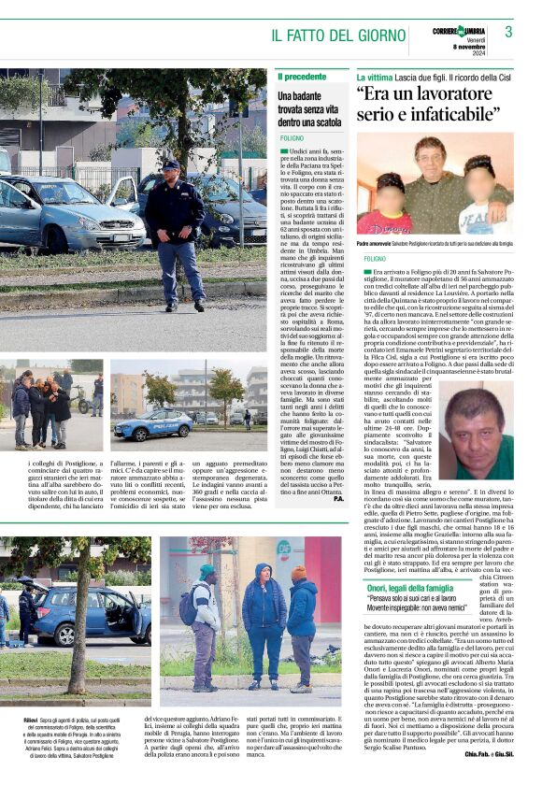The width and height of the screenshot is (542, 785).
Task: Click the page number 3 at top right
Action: (508, 32)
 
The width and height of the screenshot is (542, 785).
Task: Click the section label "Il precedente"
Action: (301, 76)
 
